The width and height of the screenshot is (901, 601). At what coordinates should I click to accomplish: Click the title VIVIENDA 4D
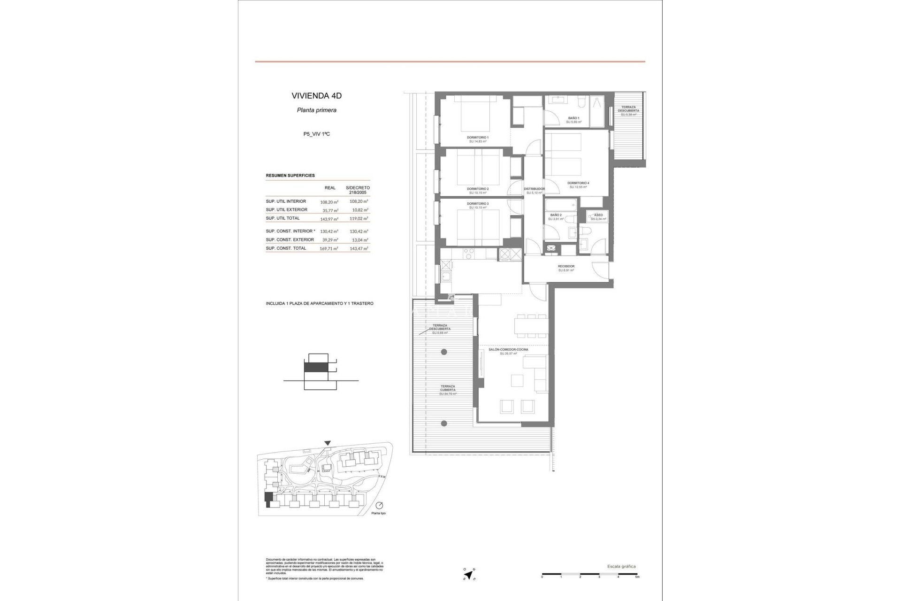316,96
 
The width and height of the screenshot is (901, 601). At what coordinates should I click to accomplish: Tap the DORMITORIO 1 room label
478,138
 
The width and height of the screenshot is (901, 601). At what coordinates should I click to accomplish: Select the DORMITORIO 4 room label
578,183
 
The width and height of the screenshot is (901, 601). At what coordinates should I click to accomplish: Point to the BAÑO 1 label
573,118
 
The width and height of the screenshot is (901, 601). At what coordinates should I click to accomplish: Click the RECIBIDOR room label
566,266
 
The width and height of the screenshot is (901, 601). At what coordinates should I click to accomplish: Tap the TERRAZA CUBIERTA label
448,388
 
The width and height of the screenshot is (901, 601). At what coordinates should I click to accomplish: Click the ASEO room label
598,215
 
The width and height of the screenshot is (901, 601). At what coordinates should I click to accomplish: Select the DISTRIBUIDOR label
534,189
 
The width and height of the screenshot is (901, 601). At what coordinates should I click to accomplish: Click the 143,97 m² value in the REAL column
329,219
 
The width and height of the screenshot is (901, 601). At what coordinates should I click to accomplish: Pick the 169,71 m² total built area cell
329,249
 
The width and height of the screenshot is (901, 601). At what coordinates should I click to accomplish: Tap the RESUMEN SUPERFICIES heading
290,176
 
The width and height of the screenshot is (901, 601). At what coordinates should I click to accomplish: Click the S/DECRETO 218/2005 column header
358,190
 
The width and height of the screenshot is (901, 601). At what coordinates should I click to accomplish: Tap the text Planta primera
316,111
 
